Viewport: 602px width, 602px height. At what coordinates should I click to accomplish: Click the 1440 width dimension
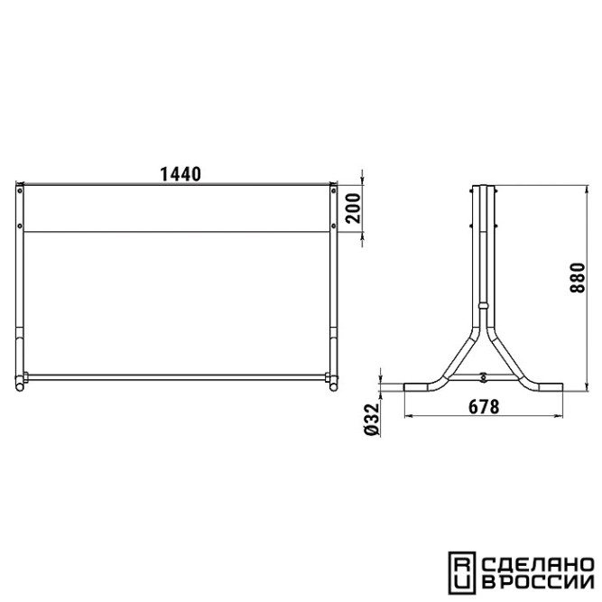(181, 174)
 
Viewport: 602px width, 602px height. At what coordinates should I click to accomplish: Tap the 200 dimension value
(353, 208)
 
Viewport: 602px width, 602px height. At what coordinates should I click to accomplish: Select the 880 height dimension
(578, 278)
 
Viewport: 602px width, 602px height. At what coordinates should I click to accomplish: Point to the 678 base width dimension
(484, 407)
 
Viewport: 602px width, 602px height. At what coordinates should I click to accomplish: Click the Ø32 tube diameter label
(371, 419)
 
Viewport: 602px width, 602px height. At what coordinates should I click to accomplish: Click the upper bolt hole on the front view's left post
(20, 190)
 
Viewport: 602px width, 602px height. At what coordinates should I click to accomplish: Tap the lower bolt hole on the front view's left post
(20, 226)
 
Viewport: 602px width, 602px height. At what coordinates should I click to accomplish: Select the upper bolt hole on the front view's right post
(333, 190)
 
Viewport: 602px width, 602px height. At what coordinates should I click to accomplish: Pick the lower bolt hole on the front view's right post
(333, 226)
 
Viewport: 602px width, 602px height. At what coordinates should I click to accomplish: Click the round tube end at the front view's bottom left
(20, 386)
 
